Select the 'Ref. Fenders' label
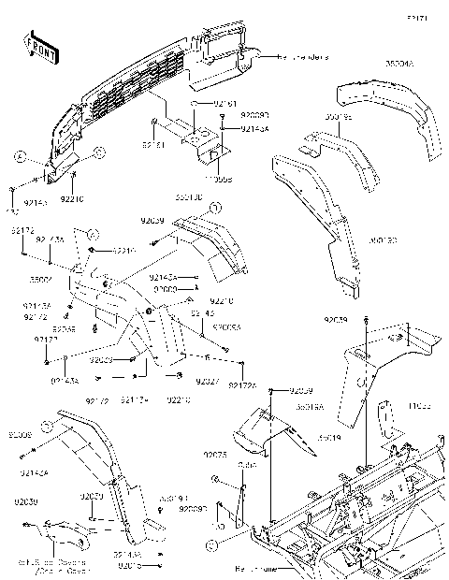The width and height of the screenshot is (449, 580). point(302,57)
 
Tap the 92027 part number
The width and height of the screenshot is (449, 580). point(208,382)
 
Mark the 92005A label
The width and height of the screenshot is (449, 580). point(226,327)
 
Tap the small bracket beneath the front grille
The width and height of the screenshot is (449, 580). point(206,140)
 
